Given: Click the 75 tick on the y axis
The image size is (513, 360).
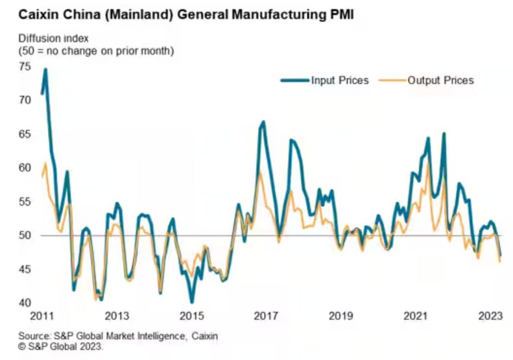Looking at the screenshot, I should tap(25, 66).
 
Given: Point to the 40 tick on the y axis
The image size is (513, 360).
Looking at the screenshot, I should tap(25, 303).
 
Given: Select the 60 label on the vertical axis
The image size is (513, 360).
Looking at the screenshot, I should tap(25, 167).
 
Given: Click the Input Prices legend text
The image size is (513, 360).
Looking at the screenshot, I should tap(340, 80).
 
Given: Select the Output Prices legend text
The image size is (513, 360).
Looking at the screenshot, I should tap(440, 80).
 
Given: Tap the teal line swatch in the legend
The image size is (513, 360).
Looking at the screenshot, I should tap(294, 80).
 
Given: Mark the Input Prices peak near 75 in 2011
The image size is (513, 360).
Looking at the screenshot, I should tap(45, 69).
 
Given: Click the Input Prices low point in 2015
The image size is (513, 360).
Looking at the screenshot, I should tap(192, 302).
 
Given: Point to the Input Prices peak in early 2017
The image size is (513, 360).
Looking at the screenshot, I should tap(263, 122).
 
